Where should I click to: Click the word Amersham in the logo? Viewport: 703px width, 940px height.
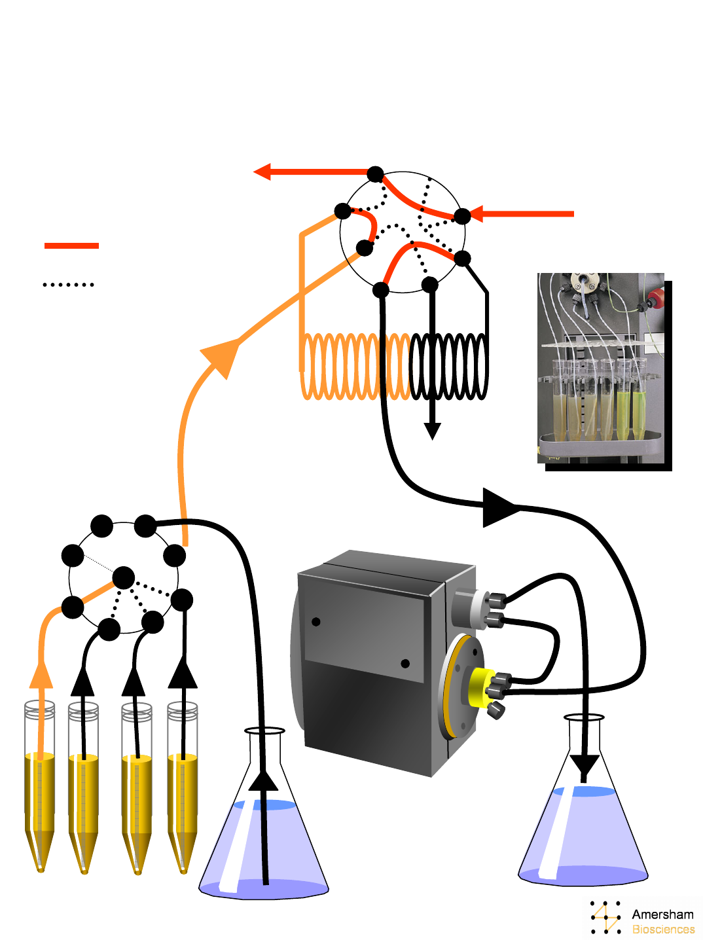[662, 914]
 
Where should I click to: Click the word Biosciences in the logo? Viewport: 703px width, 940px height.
[663, 929]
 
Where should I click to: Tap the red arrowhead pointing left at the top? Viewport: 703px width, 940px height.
[262, 172]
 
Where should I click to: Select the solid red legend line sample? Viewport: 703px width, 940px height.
[71, 245]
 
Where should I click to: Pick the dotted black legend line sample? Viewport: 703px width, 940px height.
[69, 284]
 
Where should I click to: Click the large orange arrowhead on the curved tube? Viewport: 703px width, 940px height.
[221, 356]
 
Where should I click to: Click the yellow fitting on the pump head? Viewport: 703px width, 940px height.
[482, 687]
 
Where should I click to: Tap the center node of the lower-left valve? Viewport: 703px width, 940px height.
[124, 577]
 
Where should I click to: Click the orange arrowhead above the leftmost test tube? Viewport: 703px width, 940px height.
[41, 674]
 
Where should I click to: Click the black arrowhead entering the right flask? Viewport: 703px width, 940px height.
[585, 768]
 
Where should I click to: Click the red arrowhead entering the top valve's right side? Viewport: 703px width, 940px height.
[476, 214]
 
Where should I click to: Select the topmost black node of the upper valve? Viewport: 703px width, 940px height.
[376, 174]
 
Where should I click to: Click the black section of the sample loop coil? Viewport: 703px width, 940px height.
[448, 367]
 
